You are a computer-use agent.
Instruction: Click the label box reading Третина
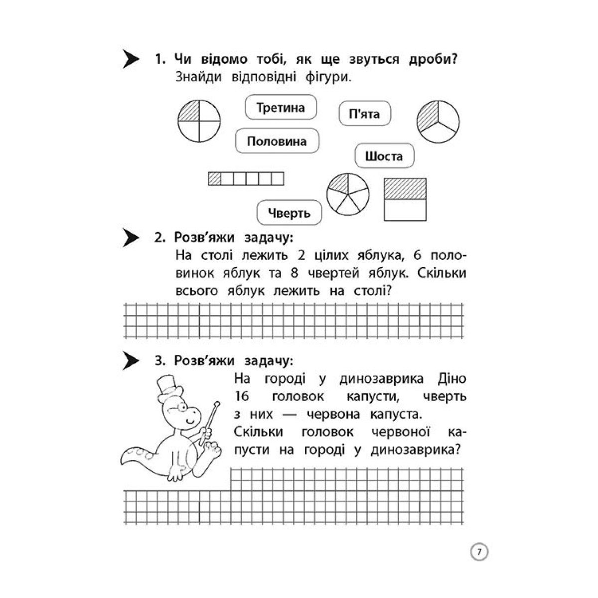click(281, 108)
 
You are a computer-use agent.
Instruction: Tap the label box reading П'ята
click(364, 114)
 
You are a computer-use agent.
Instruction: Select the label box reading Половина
click(277, 141)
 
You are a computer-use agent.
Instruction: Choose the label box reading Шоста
click(384, 156)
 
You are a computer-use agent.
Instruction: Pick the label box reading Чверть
click(289, 213)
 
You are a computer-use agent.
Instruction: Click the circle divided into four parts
click(199, 121)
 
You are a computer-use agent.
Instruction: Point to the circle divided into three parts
click(438, 122)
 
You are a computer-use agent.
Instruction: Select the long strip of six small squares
click(246, 178)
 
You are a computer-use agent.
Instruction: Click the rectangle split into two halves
click(405, 199)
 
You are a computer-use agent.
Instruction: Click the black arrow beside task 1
click(131, 59)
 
